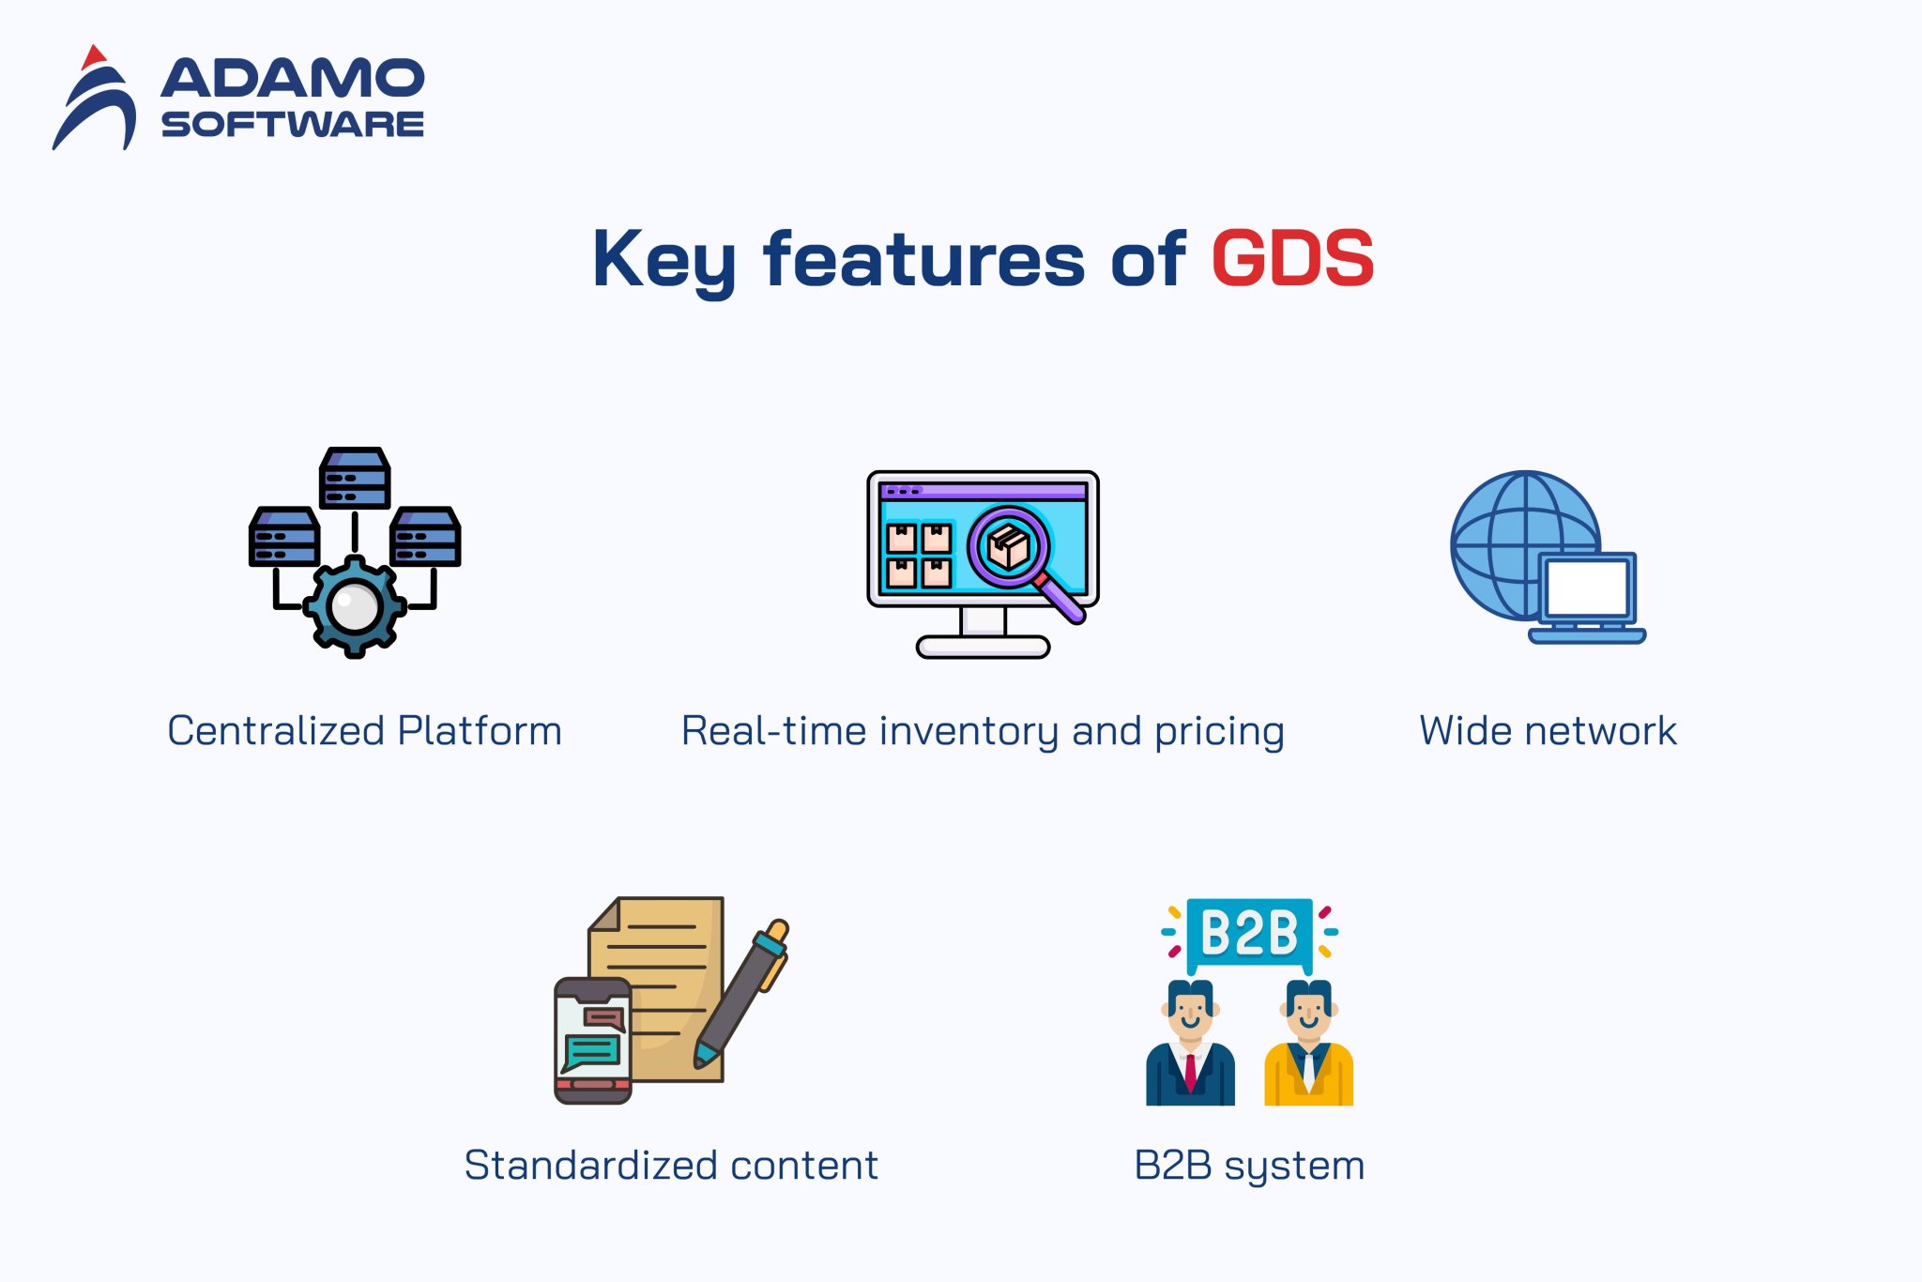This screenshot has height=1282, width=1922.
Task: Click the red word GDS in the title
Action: tap(1292, 258)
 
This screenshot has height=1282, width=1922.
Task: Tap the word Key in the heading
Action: tap(664, 260)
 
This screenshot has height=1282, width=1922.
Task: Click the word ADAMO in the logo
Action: tap(293, 78)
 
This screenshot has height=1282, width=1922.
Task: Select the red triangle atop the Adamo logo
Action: tap(92, 57)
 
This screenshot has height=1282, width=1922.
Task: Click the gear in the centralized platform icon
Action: tap(355, 606)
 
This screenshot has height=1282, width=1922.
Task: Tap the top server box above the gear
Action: tap(355, 478)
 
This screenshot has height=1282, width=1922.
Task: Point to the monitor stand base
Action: tap(983, 646)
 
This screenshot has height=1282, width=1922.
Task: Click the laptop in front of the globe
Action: tap(1587, 596)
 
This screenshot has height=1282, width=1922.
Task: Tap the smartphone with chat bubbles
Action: tap(592, 1040)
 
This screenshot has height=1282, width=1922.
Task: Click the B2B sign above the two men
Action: tap(1249, 933)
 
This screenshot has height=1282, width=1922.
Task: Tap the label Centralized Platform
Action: tap(364, 731)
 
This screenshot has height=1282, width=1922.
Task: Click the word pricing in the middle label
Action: tap(1219, 732)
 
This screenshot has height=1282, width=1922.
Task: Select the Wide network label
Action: tap(1548, 731)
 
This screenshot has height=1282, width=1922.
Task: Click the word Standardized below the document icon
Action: tap(591, 1166)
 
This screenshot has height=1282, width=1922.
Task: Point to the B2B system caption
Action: tap(1249, 1166)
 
